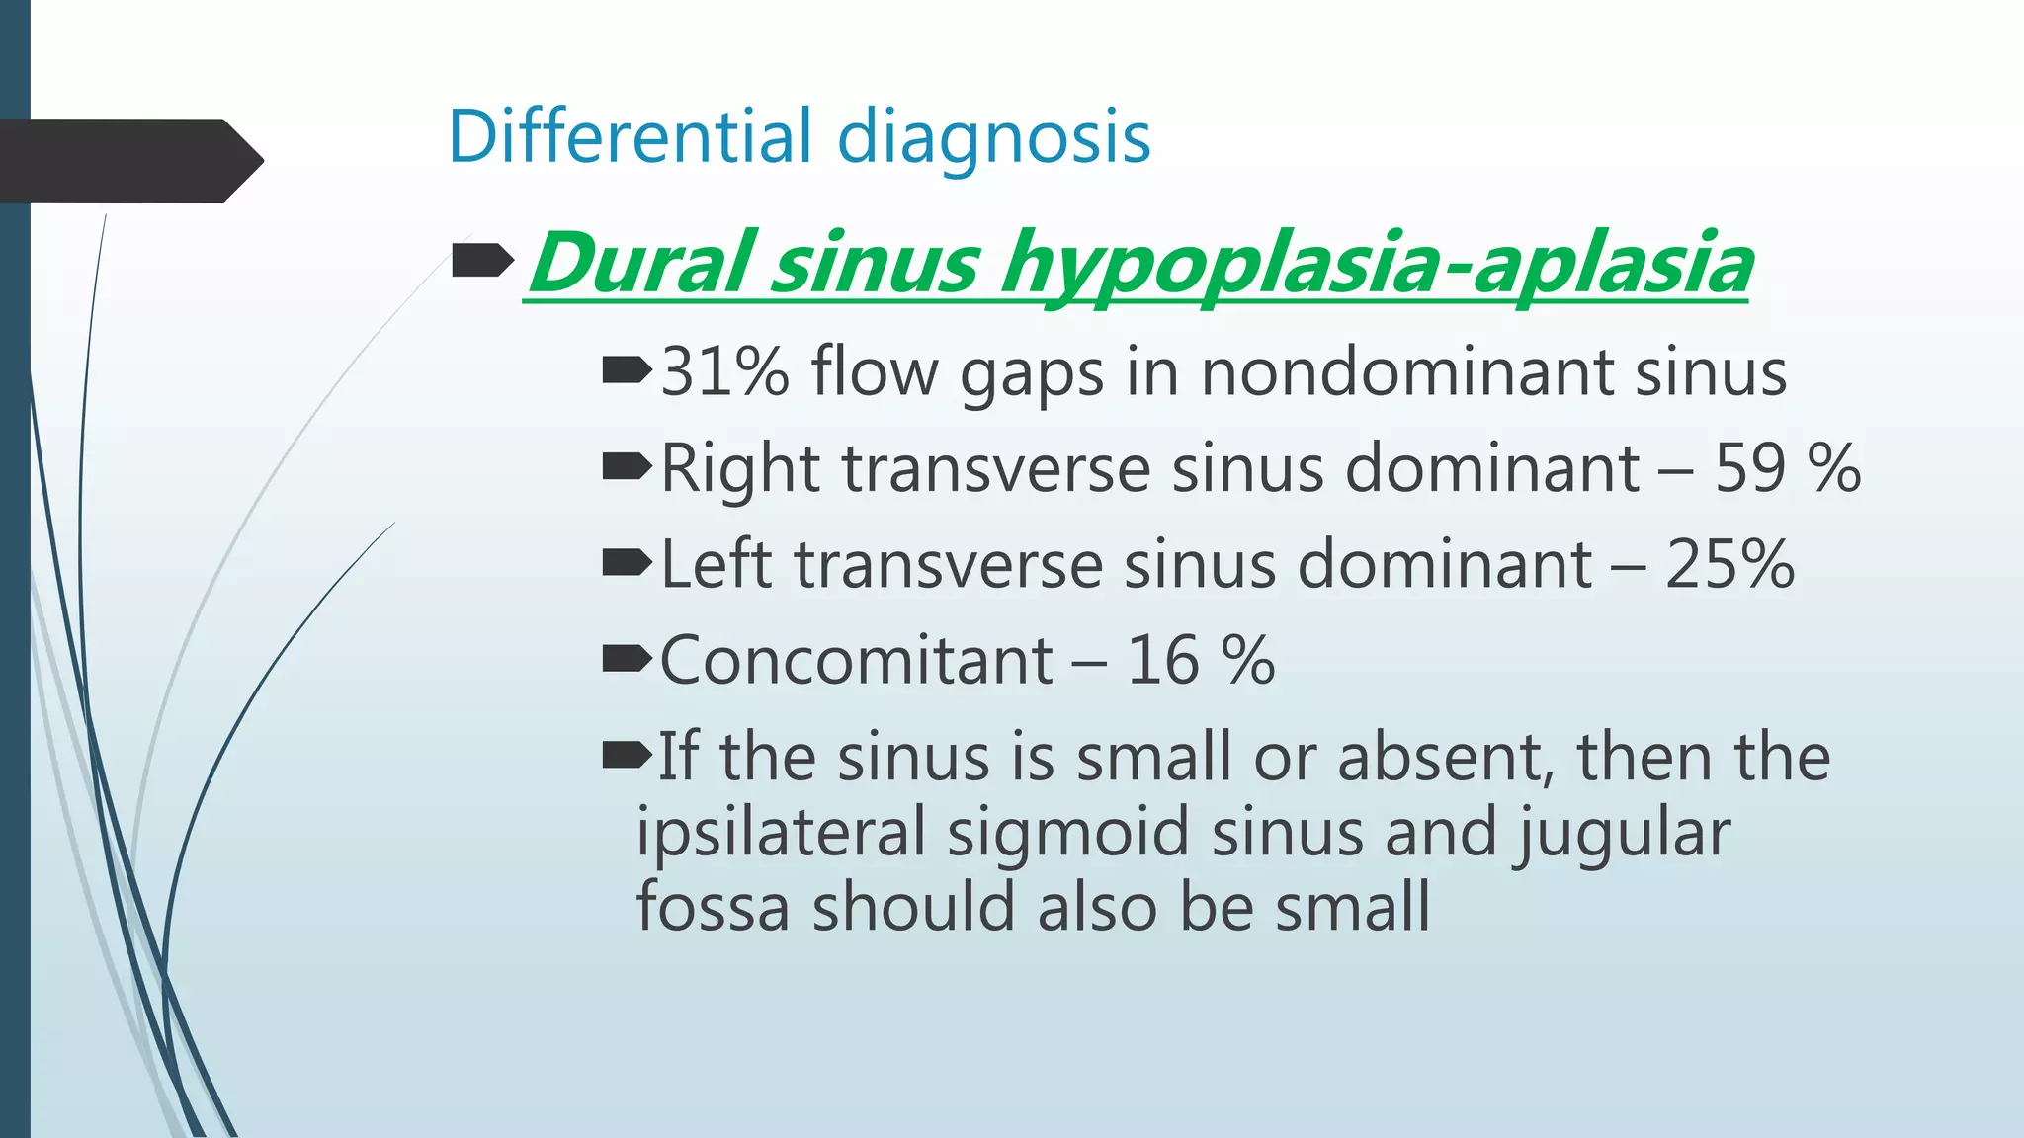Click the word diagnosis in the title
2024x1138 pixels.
[x=993, y=137]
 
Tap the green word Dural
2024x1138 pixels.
[x=643, y=263]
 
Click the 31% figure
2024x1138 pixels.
[x=724, y=372]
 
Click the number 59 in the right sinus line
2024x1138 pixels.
[x=1749, y=467]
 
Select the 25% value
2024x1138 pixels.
[x=1729, y=564]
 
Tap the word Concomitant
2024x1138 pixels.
[x=856, y=660]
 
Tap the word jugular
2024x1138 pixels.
[x=1622, y=832]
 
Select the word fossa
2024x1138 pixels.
[x=713, y=907]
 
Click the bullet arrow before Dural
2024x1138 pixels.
[x=482, y=262]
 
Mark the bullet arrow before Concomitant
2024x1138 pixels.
[x=627, y=659]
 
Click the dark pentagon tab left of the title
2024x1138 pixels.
[x=128, y=160]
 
